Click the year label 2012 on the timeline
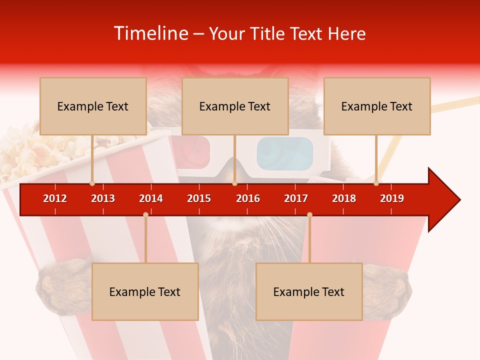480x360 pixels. (55, 198)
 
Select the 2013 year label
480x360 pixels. (103, 198)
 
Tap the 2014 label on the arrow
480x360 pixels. (151, 198)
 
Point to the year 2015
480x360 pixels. (199, 198)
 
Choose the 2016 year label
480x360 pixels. (248, 198)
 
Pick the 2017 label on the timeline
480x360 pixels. (296, 198)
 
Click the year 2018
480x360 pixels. (344, 198)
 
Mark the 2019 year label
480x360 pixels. (392, 198)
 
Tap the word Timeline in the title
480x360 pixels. (149, 33)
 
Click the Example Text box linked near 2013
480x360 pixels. (93, 106)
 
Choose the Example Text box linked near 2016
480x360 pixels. (235, 106)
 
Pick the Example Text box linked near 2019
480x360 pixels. (377, 106)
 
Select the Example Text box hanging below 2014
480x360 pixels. (145, 292)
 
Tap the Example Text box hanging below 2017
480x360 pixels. (309, 292)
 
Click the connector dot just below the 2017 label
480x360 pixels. (309, 215)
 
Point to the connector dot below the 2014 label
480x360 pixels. (145, 215)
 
